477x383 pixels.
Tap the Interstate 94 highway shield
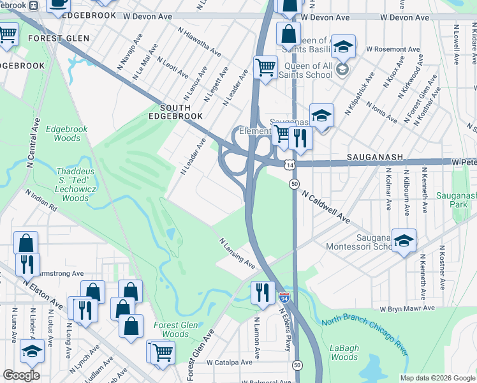tap(284, 297)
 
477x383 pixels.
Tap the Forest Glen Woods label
tap(171, 329)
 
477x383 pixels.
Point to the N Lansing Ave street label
tap(237, 254)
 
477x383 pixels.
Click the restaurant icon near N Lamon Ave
tap(263, 292)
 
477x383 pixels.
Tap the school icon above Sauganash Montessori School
tap(404, 241)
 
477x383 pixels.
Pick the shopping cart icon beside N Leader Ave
tap(265, 66)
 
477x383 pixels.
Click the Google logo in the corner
tap(21, 375)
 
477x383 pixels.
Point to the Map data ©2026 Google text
tap(437, 378)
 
